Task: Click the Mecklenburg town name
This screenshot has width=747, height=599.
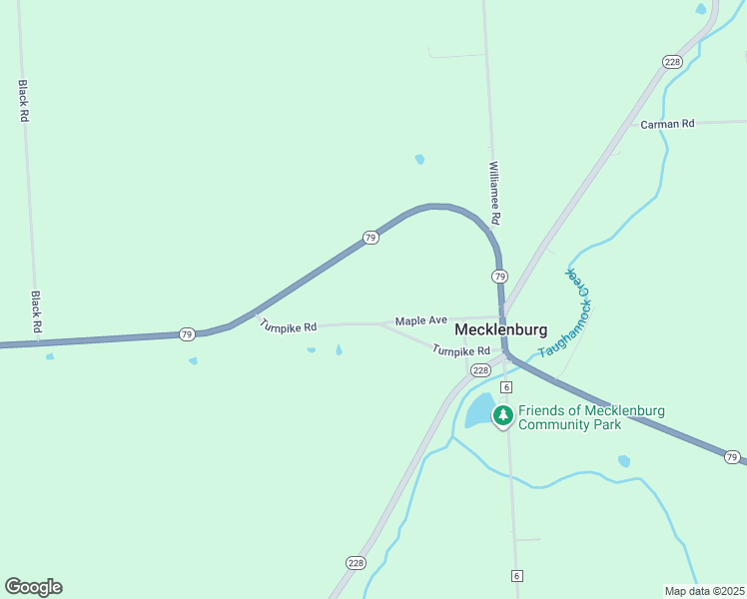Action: coord(500,329)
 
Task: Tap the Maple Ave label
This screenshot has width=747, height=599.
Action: coord(420,320)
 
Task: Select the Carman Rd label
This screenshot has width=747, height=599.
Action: coord(667,124)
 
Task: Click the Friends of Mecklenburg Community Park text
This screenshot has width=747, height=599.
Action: coord(591,417)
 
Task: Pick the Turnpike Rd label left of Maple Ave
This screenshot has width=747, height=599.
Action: coord(288,325)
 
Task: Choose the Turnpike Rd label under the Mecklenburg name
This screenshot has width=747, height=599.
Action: coord(460,350)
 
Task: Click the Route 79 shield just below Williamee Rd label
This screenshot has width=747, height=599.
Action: coord(499,276)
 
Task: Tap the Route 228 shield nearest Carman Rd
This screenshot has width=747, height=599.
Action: coord(672,62)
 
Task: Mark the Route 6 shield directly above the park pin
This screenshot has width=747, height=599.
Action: coord(506,386)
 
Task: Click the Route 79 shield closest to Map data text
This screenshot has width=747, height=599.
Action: coord(732,457)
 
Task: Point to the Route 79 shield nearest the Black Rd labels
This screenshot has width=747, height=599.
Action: coord(187,333)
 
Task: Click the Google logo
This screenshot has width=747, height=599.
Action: coord(33,587)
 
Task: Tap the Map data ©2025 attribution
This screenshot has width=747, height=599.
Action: coord(703,590)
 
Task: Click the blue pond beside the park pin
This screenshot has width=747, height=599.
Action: coord(478,410)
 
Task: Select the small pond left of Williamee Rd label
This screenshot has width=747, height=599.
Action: coord(419,159)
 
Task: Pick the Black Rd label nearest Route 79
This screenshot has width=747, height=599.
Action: coord(36,312)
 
